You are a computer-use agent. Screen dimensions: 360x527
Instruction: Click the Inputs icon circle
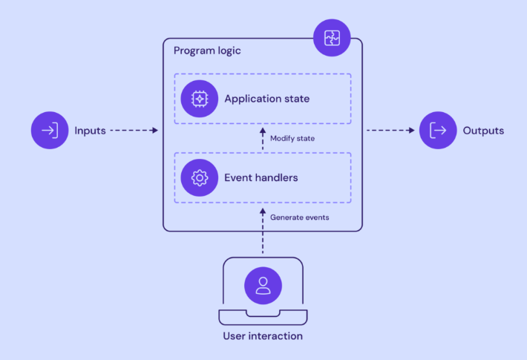[x=49, y=131]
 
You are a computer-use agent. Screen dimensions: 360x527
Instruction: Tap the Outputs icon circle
[x=439, y=131]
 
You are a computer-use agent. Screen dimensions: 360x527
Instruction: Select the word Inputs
[x=90, y=131]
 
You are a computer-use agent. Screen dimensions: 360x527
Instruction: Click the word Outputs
[x=483, y=131]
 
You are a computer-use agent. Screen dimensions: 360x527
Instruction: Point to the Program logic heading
[x=207, y=50]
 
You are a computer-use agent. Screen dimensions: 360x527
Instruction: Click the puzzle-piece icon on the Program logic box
[x=332, y=37]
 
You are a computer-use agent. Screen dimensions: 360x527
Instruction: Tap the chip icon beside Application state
[x=199, y=98]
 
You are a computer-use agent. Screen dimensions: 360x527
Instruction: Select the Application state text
[x=266, y=98]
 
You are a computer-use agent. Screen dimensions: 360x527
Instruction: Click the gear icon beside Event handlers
[x=199, y=178]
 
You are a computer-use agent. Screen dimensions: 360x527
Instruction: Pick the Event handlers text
[x=261, y=178]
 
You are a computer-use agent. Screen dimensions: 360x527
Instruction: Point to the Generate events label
[x=300, y=217]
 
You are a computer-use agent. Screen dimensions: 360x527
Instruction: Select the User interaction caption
[x=263, y=336]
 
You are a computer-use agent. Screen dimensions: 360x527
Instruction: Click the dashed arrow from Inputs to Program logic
[x=134, y=131]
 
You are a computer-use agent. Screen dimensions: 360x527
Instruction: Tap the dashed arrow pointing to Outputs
[x=390, y=131]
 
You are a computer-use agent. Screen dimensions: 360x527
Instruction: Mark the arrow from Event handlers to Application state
[x=263, y=139]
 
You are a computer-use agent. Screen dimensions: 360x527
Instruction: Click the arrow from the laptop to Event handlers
[x=263, y=232]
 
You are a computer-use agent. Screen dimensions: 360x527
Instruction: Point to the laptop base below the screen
[x=263, y=318]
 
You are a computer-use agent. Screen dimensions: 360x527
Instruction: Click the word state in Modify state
[x=307, y=138]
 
